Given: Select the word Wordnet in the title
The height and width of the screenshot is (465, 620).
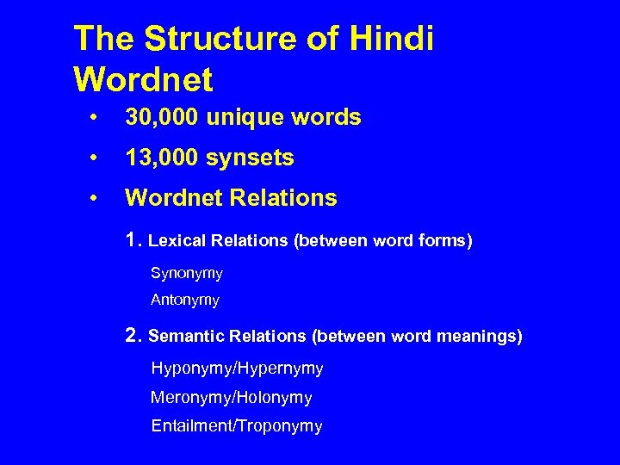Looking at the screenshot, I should (x=143, y=80).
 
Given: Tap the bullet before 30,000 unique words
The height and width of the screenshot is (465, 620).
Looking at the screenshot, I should (x=101, y=118).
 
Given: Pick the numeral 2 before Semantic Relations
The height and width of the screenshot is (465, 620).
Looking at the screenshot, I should (x=133, y=335).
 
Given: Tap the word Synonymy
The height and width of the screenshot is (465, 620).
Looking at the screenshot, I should (x=186, y=274).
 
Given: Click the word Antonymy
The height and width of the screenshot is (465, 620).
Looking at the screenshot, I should (x=185, y=301).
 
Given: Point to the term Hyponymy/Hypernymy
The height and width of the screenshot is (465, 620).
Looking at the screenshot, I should (x=237, y=369).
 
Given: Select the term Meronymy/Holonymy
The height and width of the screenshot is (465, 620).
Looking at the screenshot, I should (x=231, y=398).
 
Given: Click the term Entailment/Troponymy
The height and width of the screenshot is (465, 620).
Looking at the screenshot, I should (x=236, y=426).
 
